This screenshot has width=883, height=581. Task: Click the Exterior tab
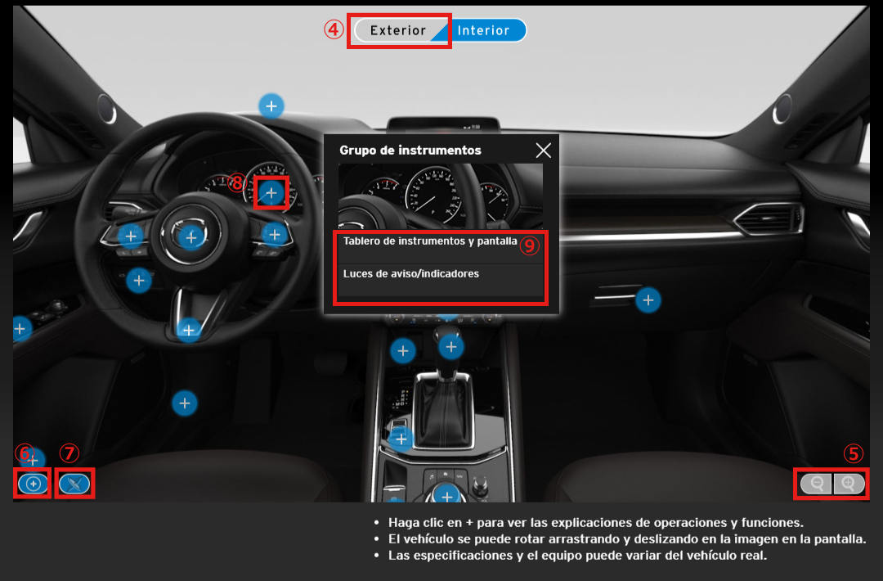pyautogui.click(x=397, y=30)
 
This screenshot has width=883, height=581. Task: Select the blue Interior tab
pyautogui.click(x=484, y=30)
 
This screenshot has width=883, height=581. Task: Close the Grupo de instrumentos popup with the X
pyautogui.click(x=544, y=151)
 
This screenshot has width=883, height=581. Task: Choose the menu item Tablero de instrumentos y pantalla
pyautogui.click(x=430, y=241)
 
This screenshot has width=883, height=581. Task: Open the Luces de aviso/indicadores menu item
pyautogui.click(x=411, y=274)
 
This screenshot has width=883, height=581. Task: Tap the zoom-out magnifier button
pyautogui.click(x=816, y=484)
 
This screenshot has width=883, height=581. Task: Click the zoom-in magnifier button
pyautogui.click(x=849, y=484)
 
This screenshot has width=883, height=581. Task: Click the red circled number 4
pyautogui.click(x=334, y=29)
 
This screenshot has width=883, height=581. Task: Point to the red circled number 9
pyautogui.click(x=529, y=245)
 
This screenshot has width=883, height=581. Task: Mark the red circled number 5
pyautogui.click(x=853, y=453)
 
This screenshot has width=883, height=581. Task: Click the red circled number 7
pyautogui.click(x=69, y=453)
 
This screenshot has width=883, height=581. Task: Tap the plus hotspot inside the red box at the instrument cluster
pyautogui.click(x=271, y=193)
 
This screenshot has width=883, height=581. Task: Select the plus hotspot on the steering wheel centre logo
pyautogui.click(x=190, y=237)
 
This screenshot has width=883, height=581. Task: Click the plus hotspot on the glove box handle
pyautogui.click(x=648, y=300)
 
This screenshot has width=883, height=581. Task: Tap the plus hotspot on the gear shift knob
pyautogui.click(x=451, y=347)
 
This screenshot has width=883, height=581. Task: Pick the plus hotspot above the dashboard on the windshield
pyautogui.click(x=271, y=106)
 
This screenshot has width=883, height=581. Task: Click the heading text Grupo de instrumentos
pyautogui.click(x=410, y=151)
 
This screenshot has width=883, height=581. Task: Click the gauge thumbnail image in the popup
pyautogui.click(x=441, y=196)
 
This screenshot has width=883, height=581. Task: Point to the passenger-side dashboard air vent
pyautogui.click(x=769, y=218)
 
